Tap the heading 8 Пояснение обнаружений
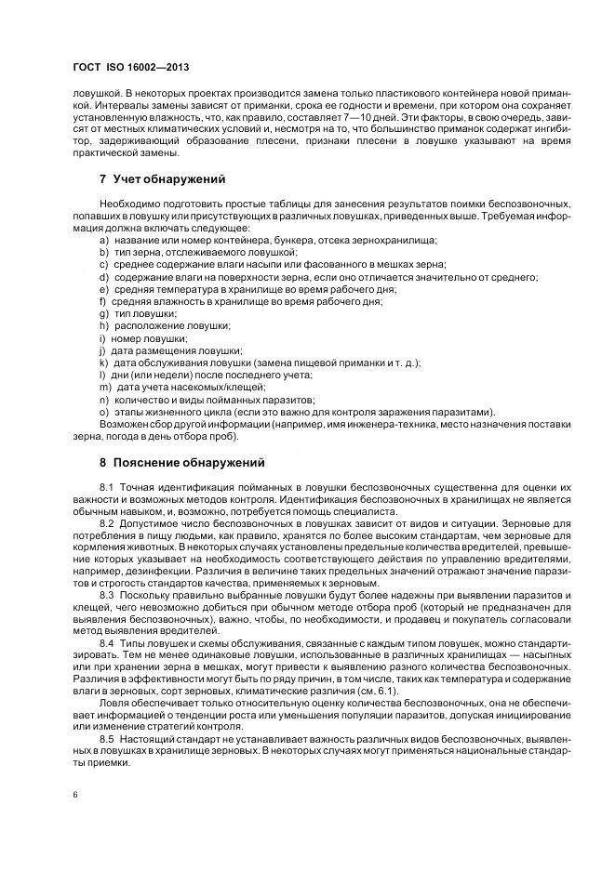(181, 462)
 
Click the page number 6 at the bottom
(74, 795)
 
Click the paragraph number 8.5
(106, 740)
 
